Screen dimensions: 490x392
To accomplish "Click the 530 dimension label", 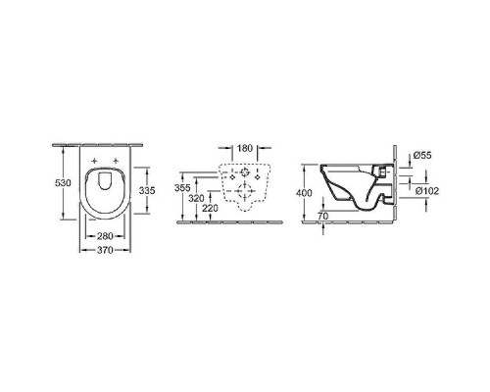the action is coord(63,183).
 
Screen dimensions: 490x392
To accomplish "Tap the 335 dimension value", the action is coord(147,190).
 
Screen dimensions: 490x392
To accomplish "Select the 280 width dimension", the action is coord(105,235).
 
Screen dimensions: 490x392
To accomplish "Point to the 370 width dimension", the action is coord(105,250).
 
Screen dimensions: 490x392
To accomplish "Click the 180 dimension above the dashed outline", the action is coord(245,148).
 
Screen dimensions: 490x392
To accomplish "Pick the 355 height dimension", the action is coord(182,188).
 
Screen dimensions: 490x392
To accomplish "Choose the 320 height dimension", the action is coord(196,198).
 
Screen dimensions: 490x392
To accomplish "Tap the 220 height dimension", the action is coord(210,208).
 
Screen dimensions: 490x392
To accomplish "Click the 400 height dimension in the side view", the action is coord(304,193).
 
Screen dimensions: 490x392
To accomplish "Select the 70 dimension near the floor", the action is coord(322,216).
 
